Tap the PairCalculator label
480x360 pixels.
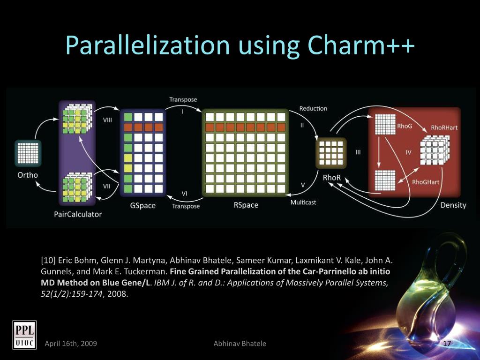(x=78, y=214)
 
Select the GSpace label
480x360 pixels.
(x=142, y=205)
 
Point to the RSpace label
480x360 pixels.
(x=246, y=205)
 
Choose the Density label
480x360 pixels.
(x=453, y=205)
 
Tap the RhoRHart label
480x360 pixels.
(x=444, y=127)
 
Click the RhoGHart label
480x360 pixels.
(x=426, y=182)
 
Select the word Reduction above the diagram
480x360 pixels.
(x=313, y=108)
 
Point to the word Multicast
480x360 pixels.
(x=303, y=202)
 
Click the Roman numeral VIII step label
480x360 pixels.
(x=108, y=120)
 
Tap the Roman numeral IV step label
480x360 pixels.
(x=408, y=152)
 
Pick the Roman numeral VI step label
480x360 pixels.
(x=185, y=194)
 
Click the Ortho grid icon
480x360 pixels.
(x=26, y=153)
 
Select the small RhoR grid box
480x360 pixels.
(x=331, y=152)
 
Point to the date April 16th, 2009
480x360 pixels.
(x=71, y=344)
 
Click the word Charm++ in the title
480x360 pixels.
(x=361, y=45)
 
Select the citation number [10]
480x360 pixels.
(x=48, y=260)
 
